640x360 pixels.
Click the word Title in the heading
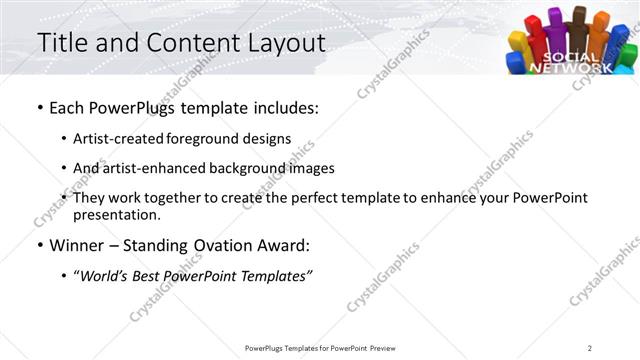61,43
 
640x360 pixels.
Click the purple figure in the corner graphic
554,30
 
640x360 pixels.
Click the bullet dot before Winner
40,244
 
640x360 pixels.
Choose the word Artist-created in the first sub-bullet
111,138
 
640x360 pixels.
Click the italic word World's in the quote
104,274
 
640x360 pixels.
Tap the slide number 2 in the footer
590,347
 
